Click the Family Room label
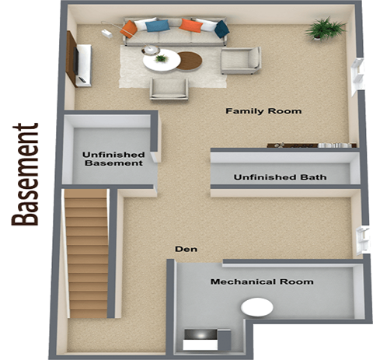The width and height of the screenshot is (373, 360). pos(263,111)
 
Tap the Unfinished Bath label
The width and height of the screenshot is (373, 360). pos(280,177)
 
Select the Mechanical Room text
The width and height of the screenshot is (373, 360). pos(262,281)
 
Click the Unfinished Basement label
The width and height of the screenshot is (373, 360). pos(113,159)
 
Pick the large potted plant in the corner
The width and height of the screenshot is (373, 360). pos(325,30)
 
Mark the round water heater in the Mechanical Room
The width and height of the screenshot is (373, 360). pos(257,308)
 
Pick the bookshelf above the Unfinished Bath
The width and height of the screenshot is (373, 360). pos(312,145)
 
